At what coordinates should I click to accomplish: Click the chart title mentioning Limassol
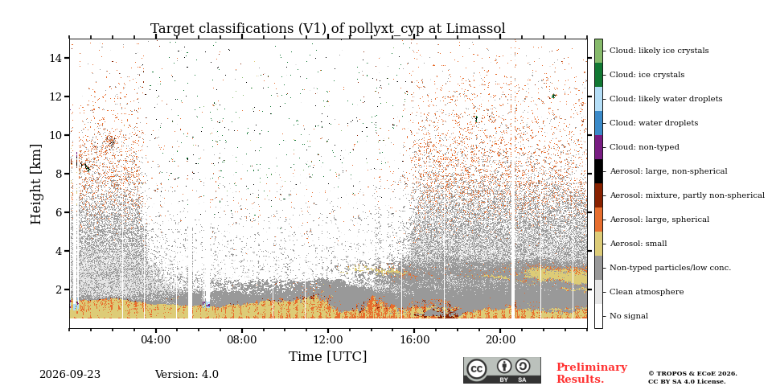[328, 29]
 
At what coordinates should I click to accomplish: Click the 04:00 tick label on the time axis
[155, 339]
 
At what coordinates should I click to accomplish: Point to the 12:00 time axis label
[328, 339]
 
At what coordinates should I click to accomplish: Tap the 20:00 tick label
[500, 339]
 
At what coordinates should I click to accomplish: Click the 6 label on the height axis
[60, 212]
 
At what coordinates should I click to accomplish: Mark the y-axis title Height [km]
[36, 184]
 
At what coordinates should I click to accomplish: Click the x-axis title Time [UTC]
[328, 356]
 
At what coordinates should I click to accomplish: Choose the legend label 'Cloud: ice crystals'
[647, 75]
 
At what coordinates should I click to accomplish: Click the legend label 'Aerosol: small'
[639, 244]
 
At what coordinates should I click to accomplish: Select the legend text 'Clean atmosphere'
[647, 292]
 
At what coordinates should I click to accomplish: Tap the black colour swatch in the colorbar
[598, 171]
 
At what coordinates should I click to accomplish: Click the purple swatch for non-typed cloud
[598, 147]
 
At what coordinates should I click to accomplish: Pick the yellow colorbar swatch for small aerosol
[598, 244]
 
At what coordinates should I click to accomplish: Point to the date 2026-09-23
[70, 375]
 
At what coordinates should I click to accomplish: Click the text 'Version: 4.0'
[187, 375]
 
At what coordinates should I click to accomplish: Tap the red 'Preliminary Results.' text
[592, 373]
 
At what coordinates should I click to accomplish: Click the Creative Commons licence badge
[502, 370]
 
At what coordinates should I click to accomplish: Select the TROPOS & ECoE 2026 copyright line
[692, 374]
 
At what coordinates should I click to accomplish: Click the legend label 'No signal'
[629, 316]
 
